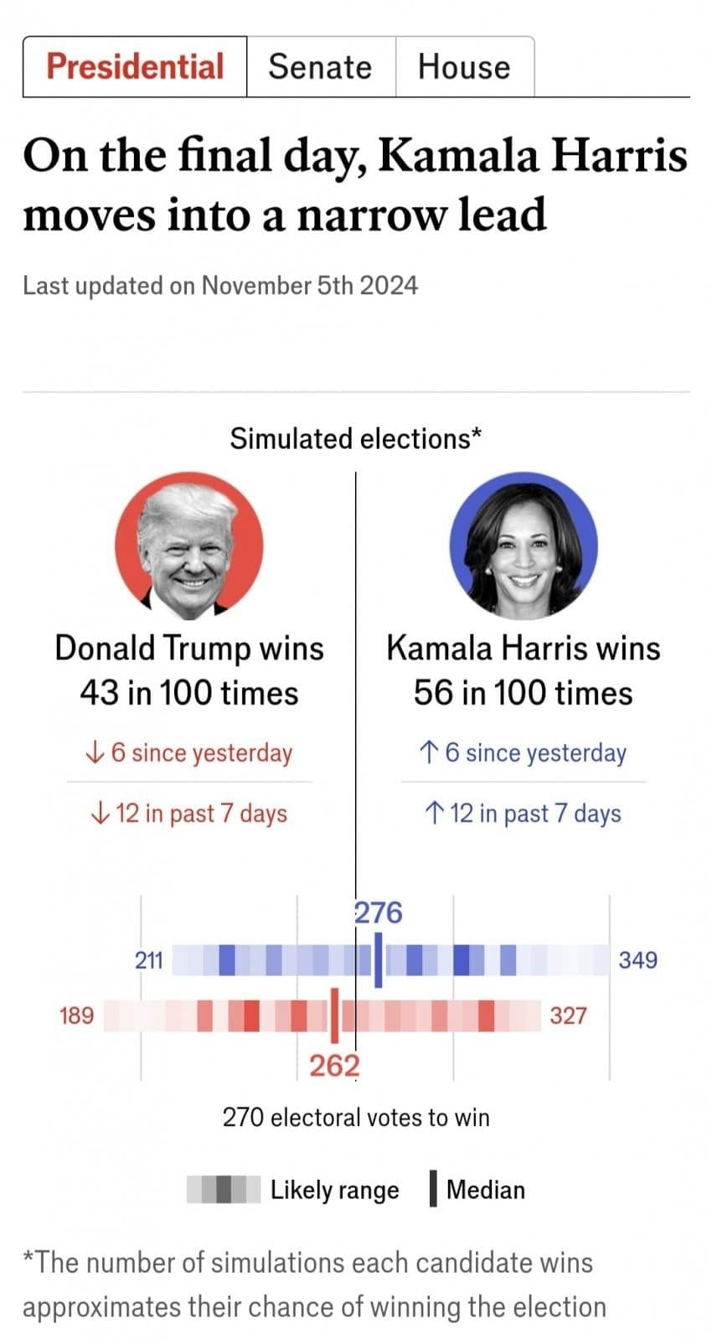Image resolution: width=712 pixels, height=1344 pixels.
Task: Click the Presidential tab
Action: click(135, 66)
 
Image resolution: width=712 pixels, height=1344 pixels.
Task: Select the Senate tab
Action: click(321, 66)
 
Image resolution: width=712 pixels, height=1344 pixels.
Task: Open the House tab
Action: click(464, 66)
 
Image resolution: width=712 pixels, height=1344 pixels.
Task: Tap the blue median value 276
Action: click(379, 913)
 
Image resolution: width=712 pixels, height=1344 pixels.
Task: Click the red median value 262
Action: click(335, 1066)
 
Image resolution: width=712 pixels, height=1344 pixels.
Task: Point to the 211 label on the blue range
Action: click(149, 960)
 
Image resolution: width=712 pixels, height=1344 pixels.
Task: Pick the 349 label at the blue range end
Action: click(637, 960)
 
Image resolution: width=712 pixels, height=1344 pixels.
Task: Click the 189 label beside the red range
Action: click(77, 1016)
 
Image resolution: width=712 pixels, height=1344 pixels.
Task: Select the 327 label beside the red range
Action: click(568, 1016)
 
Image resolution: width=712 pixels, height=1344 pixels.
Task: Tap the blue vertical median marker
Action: click(379, 960)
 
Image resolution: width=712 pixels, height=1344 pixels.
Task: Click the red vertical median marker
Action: click(335, 1016)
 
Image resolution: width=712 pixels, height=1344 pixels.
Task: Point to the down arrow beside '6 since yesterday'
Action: click(95, 752)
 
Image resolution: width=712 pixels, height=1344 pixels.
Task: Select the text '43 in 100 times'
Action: click(189, 694)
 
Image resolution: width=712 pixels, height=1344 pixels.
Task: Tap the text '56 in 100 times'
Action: click(523, 694)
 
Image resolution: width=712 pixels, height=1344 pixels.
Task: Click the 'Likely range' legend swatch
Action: click(224, 1189)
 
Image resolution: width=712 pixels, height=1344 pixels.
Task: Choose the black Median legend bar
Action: click(433, 1188)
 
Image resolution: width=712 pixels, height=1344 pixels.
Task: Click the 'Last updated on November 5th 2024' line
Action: click(220, 286)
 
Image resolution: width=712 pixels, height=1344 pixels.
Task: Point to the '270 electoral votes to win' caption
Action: click(356, 1118)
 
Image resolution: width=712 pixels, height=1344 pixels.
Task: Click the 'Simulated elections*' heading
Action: click(356, 438)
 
